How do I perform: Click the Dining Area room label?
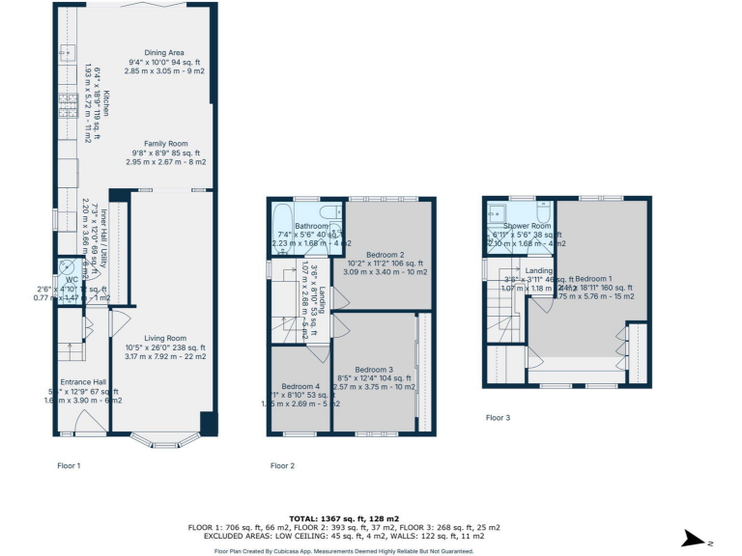163,52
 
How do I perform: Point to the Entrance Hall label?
83,381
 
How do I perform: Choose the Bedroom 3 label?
374,370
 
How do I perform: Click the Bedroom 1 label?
596,278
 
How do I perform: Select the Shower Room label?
522,226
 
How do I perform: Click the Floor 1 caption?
69,465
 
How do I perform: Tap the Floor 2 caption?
282,466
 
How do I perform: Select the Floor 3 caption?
499,418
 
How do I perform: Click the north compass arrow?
691,540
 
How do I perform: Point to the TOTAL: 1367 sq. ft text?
372,518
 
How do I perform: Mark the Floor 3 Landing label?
539,271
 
